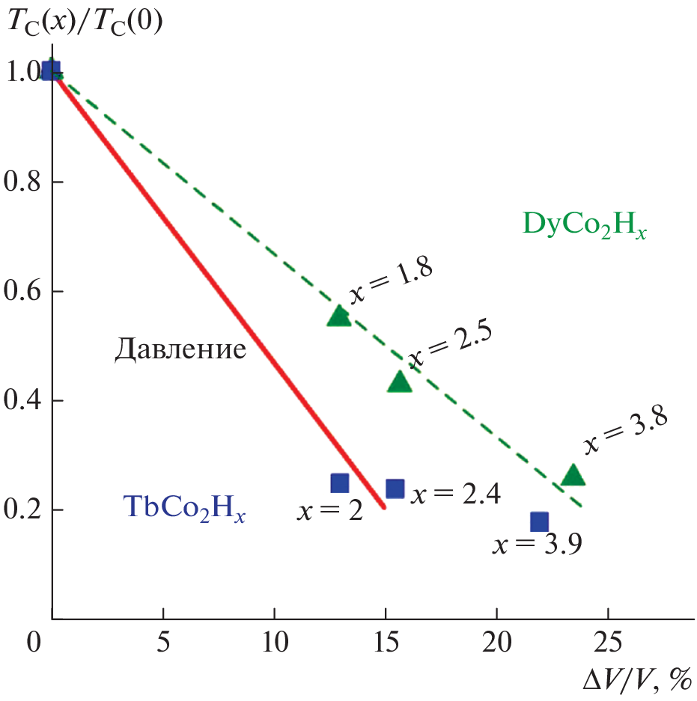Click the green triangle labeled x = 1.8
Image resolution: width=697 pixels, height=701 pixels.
[x=339, y=316]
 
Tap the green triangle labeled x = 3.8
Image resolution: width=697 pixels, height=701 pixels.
[x=573, y=475]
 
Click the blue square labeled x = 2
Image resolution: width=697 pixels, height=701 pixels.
[x=340, y=483]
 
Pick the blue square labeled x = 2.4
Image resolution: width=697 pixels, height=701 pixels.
[x=395, y=489]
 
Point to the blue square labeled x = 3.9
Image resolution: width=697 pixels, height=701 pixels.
[x=539, y=521]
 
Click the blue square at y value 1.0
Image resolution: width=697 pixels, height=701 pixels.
[x=49, y=71]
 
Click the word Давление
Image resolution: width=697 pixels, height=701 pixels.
[x=180, y=350]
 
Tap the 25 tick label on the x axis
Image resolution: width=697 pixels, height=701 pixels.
[x=607, y=643]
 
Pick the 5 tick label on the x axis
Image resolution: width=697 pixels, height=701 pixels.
[x=163, y=643]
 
